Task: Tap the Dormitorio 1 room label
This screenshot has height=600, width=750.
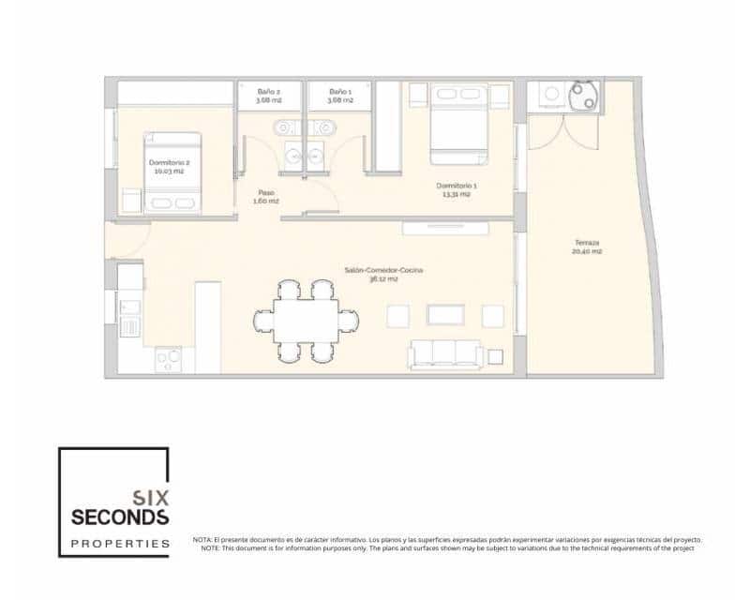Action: point(459,186)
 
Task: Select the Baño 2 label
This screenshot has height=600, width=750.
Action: point(269,91)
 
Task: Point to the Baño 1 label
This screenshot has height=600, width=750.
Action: point(339,91)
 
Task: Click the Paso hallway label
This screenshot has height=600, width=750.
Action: point(267,192)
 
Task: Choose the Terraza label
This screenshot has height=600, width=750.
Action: point(588,243)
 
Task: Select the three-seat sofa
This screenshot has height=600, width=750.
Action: point(446,354)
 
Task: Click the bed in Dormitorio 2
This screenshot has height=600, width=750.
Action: point(172,174)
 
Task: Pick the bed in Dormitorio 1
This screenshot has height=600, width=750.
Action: point(458,122)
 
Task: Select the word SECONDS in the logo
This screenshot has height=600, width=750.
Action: point(120,517)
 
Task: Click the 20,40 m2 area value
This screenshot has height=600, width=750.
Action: point(588,252)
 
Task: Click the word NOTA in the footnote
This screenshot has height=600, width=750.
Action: point(202,540)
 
